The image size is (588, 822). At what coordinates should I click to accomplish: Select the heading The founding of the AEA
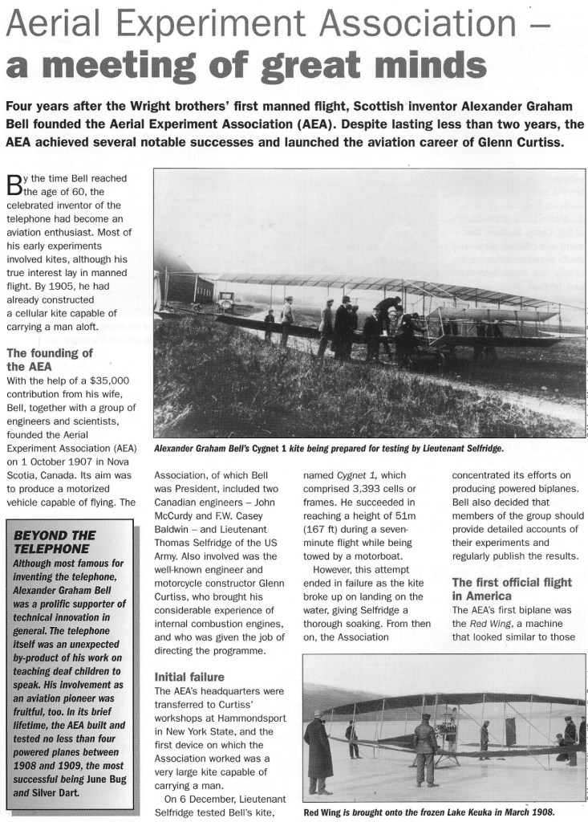coord(50,360)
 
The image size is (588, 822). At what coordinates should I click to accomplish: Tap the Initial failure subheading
coord(190,676)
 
